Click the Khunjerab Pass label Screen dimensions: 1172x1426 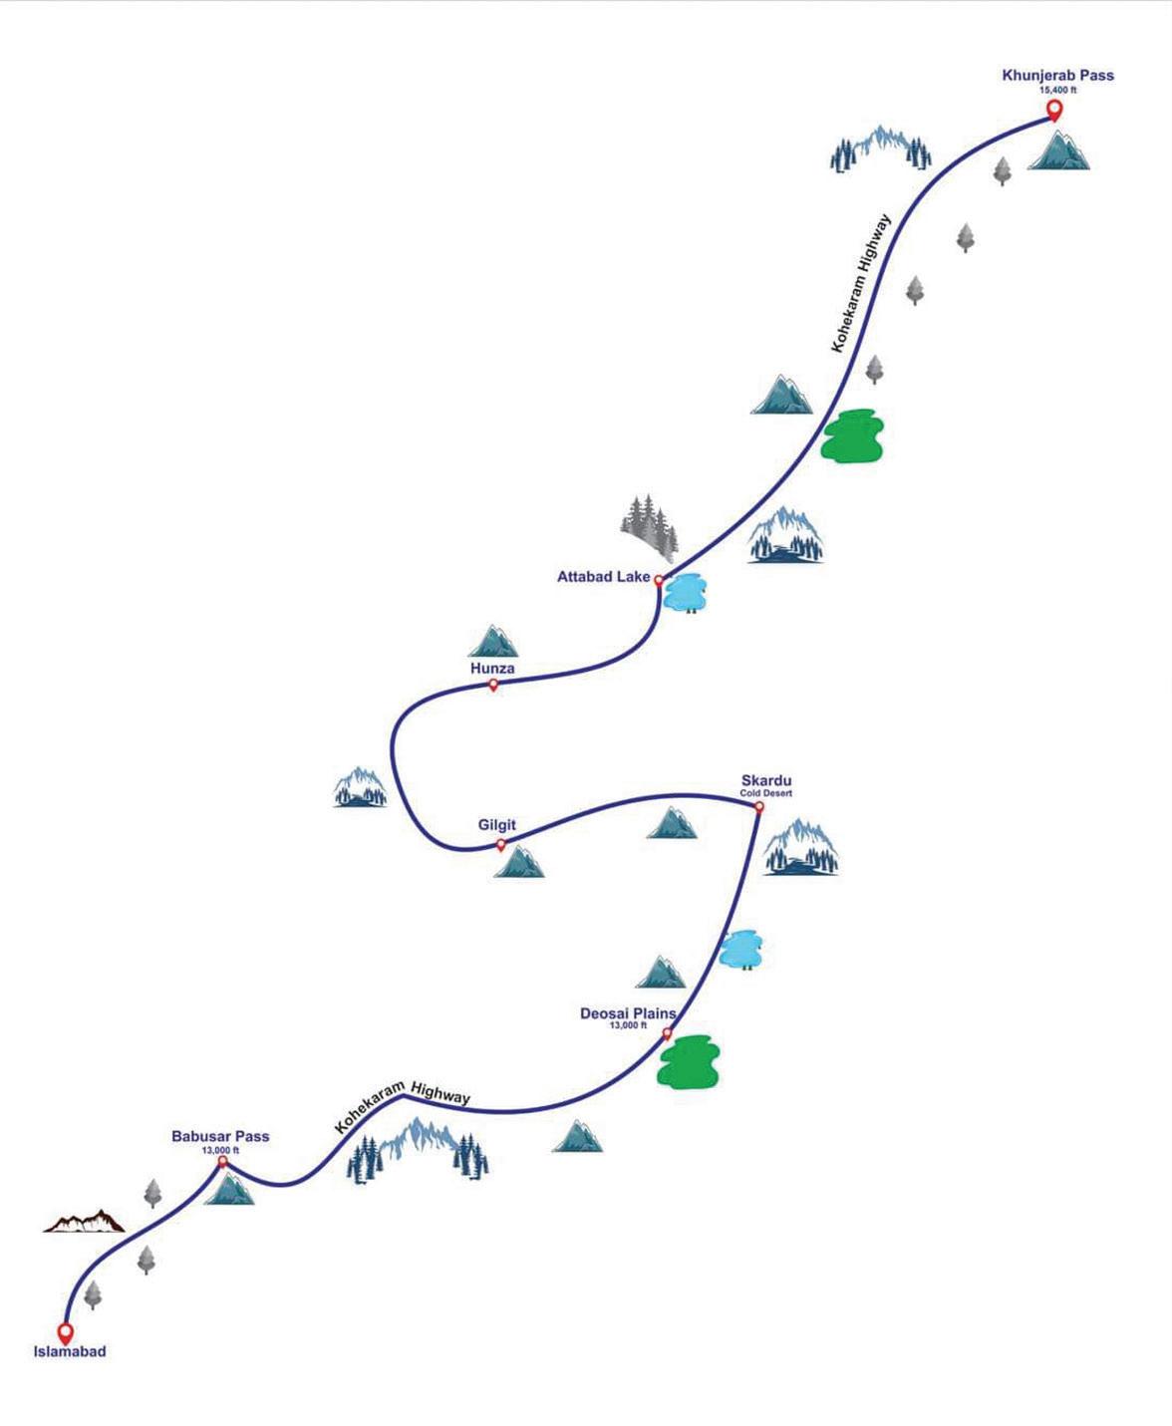(1057, 76)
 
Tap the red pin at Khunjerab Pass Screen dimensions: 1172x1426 (1053, 109)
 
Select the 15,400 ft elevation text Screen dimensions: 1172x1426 (1057, 90)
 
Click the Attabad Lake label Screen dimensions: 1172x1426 (603, 576)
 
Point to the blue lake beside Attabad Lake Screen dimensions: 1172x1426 (686, 592)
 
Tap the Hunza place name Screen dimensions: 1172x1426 (492, 669)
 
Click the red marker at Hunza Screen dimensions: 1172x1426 (493, 685)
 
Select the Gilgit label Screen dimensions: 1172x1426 (496, 825)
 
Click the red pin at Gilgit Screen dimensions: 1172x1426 (501, 845)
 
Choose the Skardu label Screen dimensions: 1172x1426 (766, 781)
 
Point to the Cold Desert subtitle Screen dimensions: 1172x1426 (765, 793)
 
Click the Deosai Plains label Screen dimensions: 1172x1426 (628, 1013)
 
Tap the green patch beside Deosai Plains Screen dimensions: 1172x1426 (688, 1062)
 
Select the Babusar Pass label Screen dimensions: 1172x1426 (220, 1136)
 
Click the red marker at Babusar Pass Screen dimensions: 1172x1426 (222, 1161)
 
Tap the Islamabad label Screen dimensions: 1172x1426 (69, 1352)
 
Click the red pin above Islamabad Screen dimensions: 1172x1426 (66, 1331)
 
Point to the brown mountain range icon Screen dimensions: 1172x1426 (85, 1222)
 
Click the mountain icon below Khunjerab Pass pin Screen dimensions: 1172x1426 (1058, 149)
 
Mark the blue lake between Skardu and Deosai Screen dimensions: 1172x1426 (740, 950)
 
